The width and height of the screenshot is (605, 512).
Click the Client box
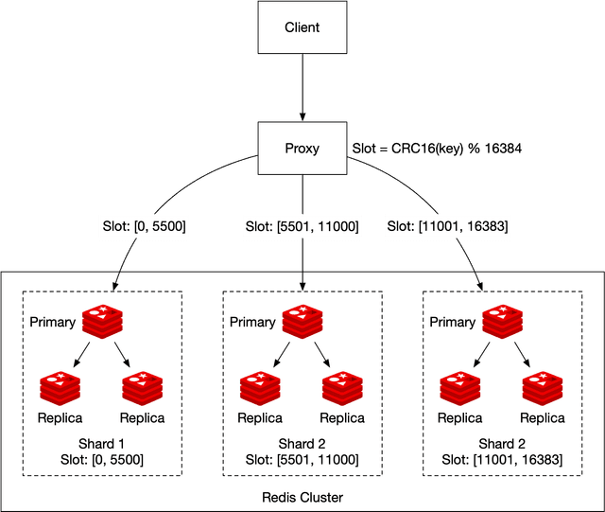click(302, 27)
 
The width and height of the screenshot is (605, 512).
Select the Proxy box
click(302, 149)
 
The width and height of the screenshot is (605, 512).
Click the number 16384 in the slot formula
click(502, 150)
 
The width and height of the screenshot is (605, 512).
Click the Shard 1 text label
click(101, 444)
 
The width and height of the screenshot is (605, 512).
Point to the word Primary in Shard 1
click(52, 323)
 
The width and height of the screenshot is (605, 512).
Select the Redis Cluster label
click(302, 498)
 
